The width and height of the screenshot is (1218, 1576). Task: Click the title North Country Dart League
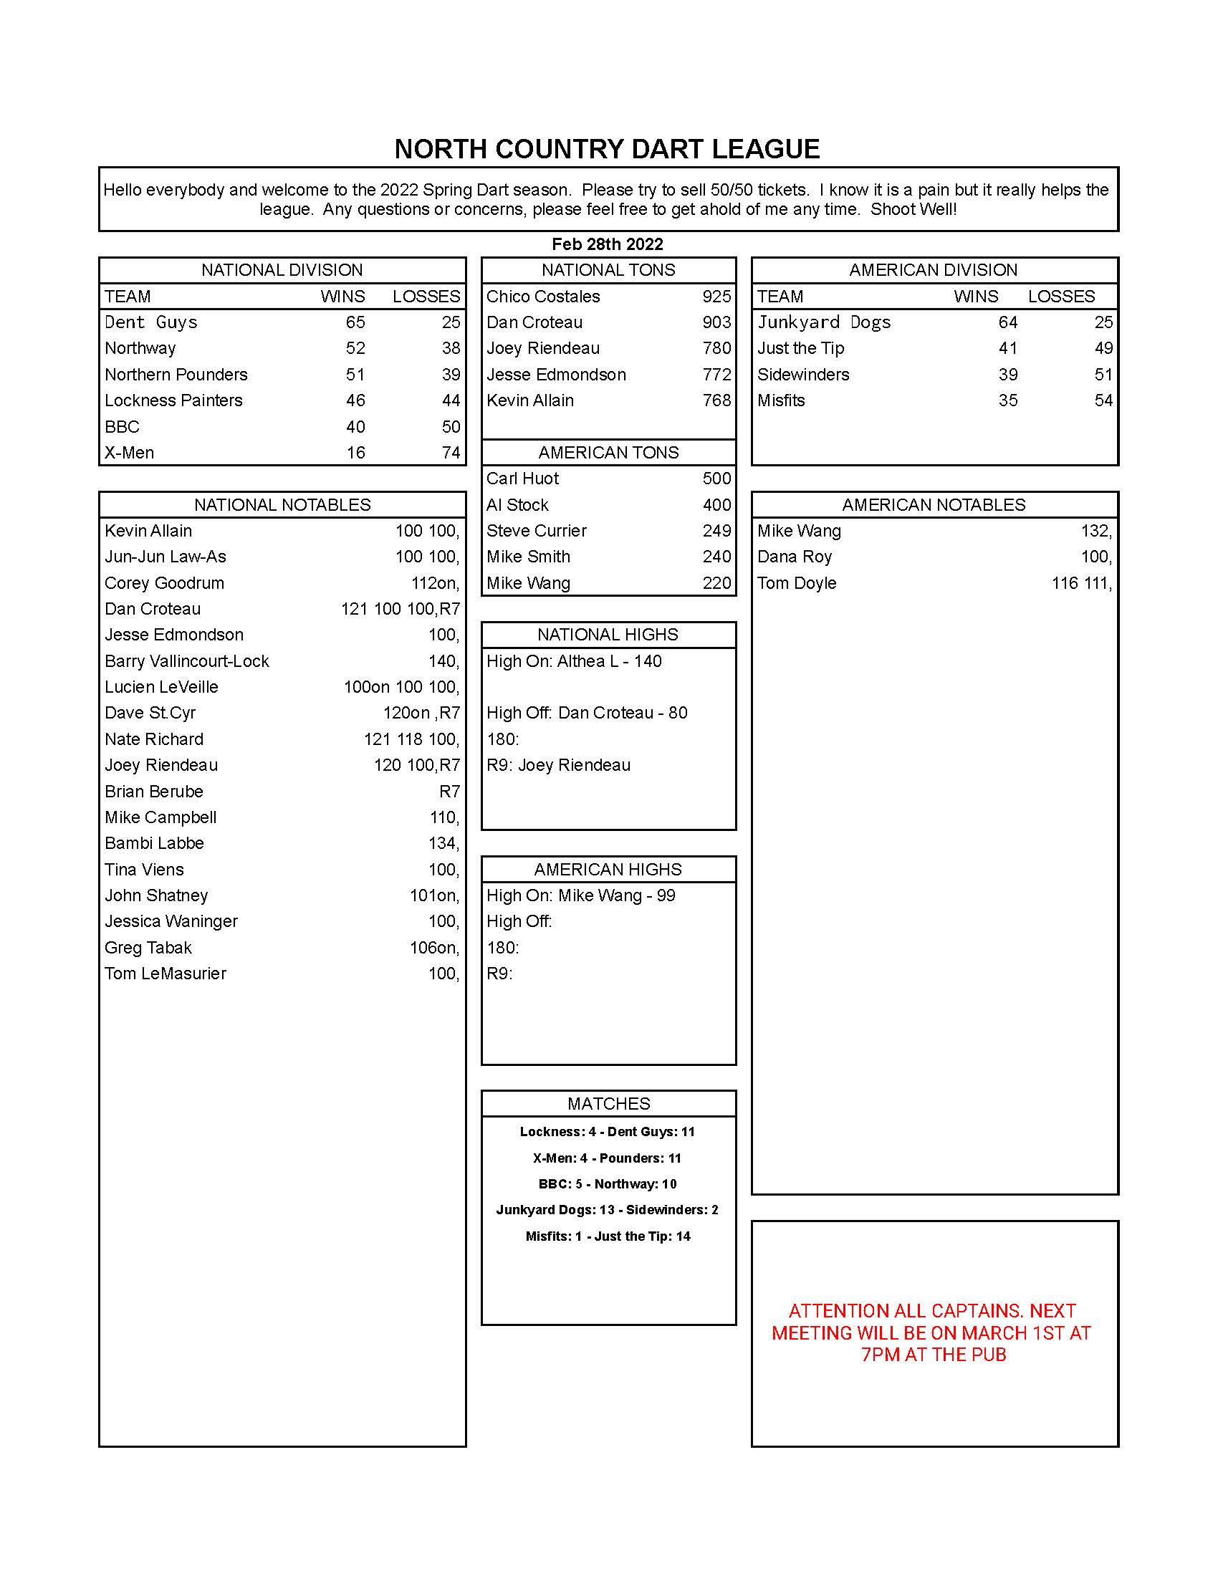tap(607, 150)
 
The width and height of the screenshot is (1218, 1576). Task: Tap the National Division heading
tap(282, 270)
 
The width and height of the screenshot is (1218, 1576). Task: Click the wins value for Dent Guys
tap(355, 322)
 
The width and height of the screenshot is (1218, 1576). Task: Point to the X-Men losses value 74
tap(450, 453)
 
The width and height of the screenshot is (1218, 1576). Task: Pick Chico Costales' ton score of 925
tap(716, 297)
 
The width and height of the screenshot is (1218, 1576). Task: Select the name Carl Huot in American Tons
tap(522, 479)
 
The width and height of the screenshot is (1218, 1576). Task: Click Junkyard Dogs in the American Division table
tap(823, 322)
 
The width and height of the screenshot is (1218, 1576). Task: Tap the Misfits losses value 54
tap(1103, 400)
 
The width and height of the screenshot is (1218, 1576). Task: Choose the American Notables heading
tap(933, 504)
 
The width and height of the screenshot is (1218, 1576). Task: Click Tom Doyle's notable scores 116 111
tap(1081, 583)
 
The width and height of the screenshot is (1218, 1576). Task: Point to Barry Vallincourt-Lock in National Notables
tap(187, 661)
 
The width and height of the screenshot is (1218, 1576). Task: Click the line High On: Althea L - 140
tap(574, 661)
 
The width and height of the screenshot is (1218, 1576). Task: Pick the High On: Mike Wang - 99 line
tap(580, 895)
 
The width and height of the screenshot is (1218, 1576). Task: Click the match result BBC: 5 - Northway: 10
tap(607, 1184)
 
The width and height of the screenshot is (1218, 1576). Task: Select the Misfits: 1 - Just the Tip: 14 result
tap(608, 1236)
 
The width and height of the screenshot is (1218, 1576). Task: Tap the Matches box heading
tap(608, 1103)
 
